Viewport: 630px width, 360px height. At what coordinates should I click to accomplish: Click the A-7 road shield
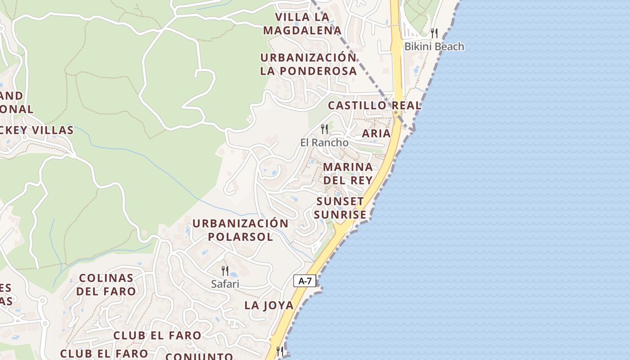click(x=305, y=281)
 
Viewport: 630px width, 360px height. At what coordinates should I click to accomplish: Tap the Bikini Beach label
click(x=434, y=46)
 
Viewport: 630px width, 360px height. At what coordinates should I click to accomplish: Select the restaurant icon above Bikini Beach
click(x=434, y=33)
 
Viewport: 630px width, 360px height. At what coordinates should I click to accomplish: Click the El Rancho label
click(x=324, y=142)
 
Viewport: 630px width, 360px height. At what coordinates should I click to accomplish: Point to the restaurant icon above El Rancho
click(x=324, y=129)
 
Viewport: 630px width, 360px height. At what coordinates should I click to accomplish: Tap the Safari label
click(x=225, y=284)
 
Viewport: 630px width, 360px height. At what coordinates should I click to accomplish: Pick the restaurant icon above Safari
click(x=225, y=270)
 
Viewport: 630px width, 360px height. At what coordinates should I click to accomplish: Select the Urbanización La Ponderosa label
click(x=308, y=64)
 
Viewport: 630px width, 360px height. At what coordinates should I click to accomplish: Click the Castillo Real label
click(x=374, y=105)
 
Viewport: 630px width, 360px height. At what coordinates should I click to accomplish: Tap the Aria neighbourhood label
click(x=376, y=133)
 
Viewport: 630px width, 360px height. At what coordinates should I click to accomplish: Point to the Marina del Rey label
click(x=348, y=173)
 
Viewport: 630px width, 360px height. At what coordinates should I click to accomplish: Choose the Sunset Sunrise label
click(x=340, y=208)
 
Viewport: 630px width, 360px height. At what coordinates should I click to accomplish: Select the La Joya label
click(x=269, y=305)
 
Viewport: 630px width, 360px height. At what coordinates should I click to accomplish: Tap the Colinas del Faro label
click(x=106, y=284)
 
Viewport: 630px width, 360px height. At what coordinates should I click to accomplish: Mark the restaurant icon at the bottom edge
click(x=280, y=351)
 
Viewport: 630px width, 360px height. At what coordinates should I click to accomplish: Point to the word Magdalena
click(x=302, y=31)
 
